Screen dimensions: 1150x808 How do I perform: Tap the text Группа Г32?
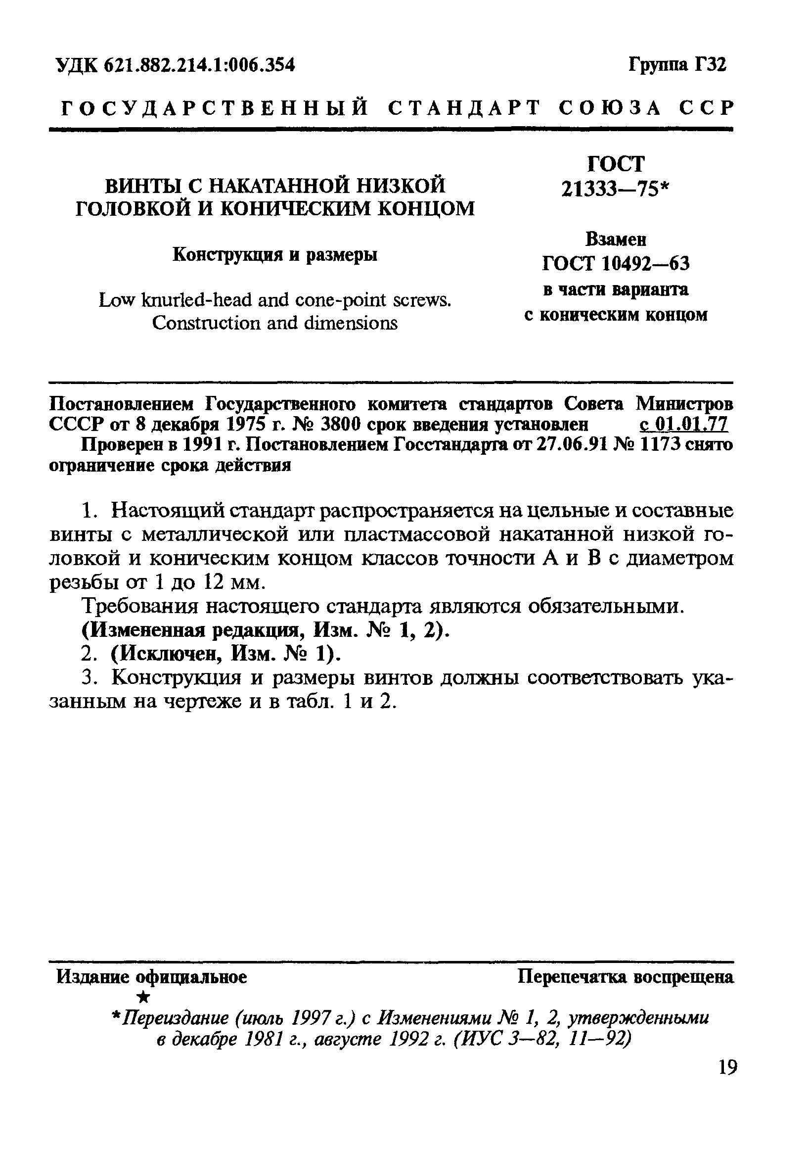coord(677,65)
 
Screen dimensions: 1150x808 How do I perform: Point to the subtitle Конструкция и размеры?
coord(275,255)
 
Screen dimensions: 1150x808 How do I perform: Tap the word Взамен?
coord(616,240)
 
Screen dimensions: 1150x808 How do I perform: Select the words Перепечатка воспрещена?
coord(625,977)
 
